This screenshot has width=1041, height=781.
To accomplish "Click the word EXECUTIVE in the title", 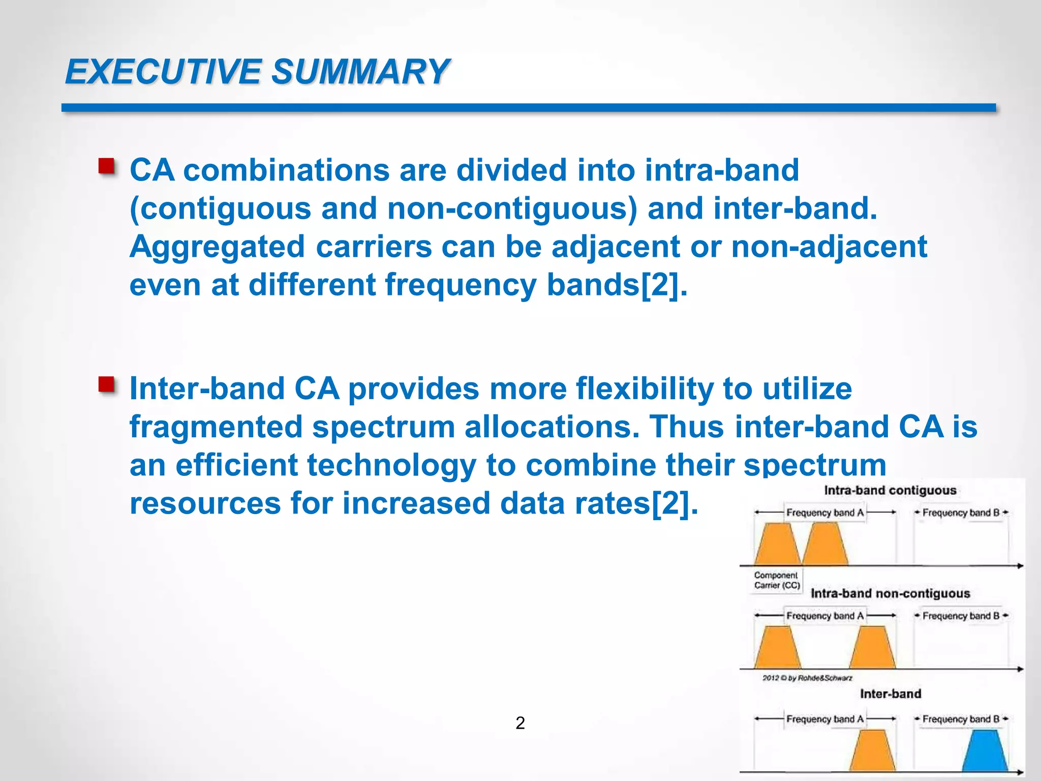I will tap(163, 72).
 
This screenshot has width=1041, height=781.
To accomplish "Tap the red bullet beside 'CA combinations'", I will tap(106, 167).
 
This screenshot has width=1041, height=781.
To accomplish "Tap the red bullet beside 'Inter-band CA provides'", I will tap(106, 385).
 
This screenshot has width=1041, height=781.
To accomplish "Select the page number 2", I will tap(520, 723).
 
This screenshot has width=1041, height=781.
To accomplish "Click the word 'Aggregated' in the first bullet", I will tap(218, 247).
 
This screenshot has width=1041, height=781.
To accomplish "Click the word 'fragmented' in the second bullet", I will tap(216, 427).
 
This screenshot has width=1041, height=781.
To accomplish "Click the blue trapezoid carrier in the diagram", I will tap(985, 751).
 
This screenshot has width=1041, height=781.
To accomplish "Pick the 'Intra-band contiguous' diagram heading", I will tap(890, 491).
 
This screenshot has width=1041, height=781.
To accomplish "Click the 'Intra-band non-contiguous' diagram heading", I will tap(890, 593).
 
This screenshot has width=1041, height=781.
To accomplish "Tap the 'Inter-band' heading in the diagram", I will tap(890, 694).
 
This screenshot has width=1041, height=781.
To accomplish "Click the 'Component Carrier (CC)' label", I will tap(777, 580).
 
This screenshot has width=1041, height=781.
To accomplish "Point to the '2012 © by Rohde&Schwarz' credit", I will tap(807, 678).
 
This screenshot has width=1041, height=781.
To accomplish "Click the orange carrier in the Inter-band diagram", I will tap(872, 751).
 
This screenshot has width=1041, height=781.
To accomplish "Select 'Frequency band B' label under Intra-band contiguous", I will tap(961, 513).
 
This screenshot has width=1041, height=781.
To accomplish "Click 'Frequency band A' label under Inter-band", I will tap(824, 719).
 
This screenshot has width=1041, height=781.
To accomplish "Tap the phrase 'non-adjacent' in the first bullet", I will tap(829, 247).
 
